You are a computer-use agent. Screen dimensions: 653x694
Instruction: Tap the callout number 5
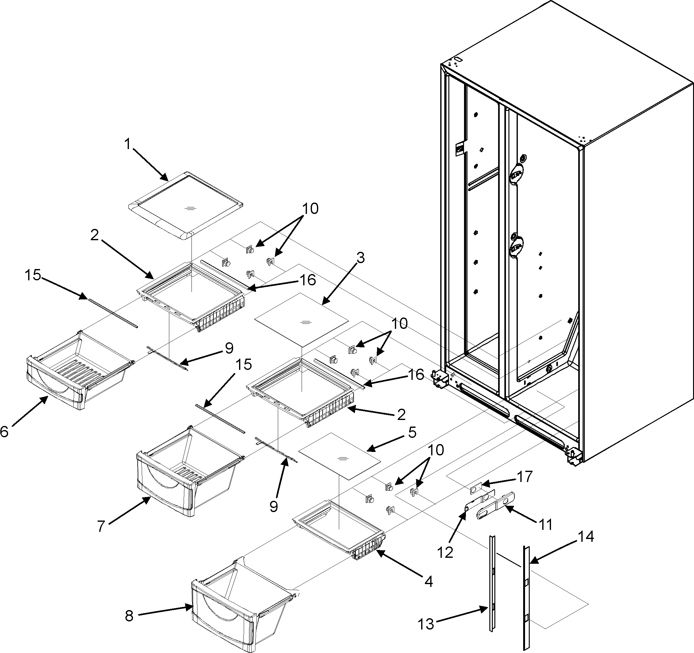[412, 432]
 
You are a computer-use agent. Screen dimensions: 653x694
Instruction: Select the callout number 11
[546, 524]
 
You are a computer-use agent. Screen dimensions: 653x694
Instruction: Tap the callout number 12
[446, 552]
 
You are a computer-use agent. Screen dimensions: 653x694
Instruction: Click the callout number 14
[586, 536]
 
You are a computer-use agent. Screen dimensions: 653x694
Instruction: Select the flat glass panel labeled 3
[302, 320]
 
